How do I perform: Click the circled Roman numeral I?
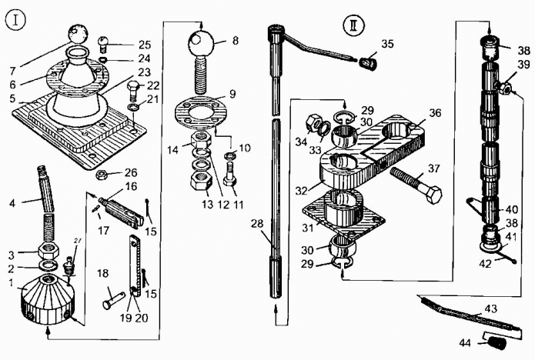tap(15, 21)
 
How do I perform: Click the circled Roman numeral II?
tap(354, 25)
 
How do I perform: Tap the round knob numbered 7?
tap(79, 34)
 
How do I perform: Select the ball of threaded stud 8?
tap(201, 42)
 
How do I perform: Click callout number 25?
tap(145, 45)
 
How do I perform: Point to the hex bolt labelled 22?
tap(134, 89)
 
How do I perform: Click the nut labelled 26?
tap(102, 175)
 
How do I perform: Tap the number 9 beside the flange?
tap(232, 94)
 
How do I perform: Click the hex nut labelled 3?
tap(48, 252)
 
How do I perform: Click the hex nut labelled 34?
tap(313, 124)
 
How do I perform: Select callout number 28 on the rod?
tap(258, 223)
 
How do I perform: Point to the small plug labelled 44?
tap(496, 342)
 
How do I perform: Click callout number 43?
tap(490, 308)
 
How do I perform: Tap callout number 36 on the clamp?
tap(435, 113)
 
